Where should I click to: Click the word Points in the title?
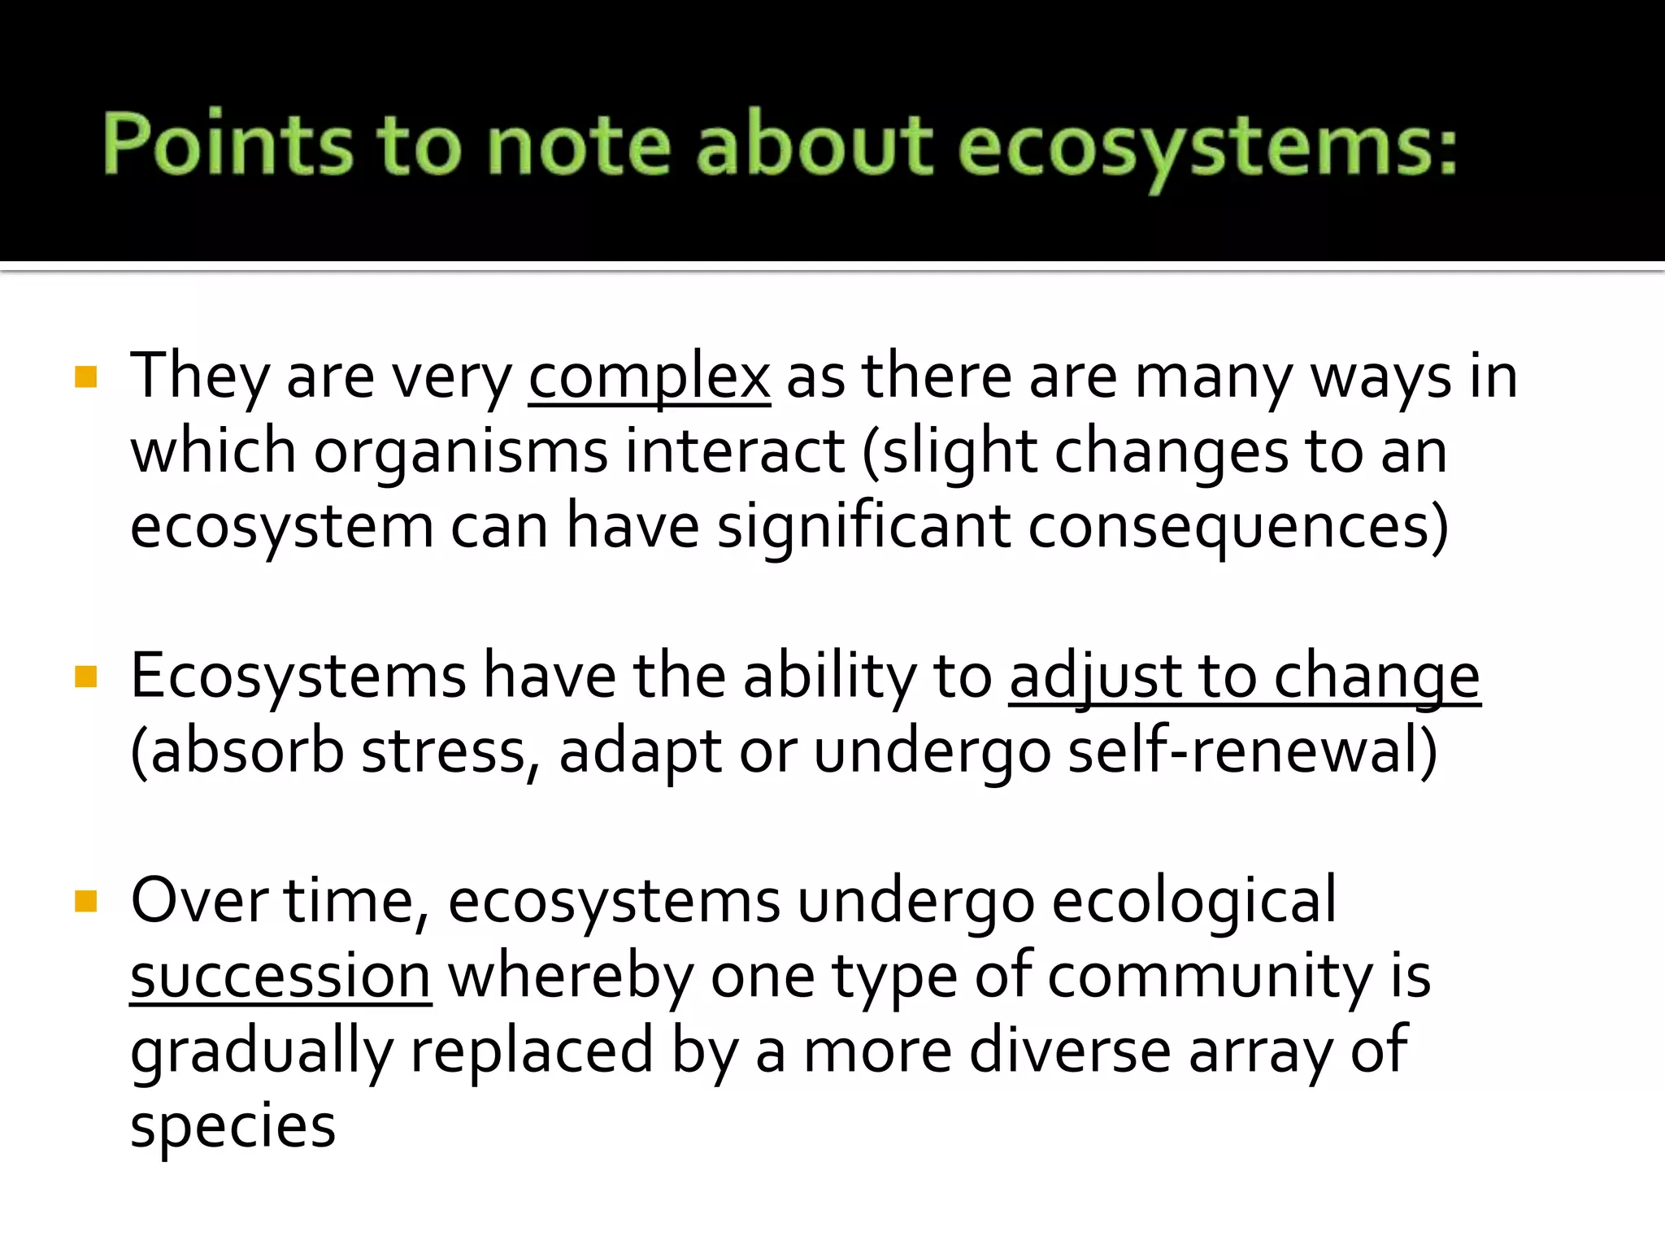tap(228, 145)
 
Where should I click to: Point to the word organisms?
tap(460, 452)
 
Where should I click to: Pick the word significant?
tap(863, 527)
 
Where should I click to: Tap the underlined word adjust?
tap(1094, 677)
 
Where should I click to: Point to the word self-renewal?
tap(1252, 751)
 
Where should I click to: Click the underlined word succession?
tap(280, 976)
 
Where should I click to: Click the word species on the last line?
tap(233, 1127)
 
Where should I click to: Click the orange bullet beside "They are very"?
tap(85, 377)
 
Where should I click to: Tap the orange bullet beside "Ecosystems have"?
tap(85, 677)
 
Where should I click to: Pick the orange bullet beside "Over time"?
tap(85, 901)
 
